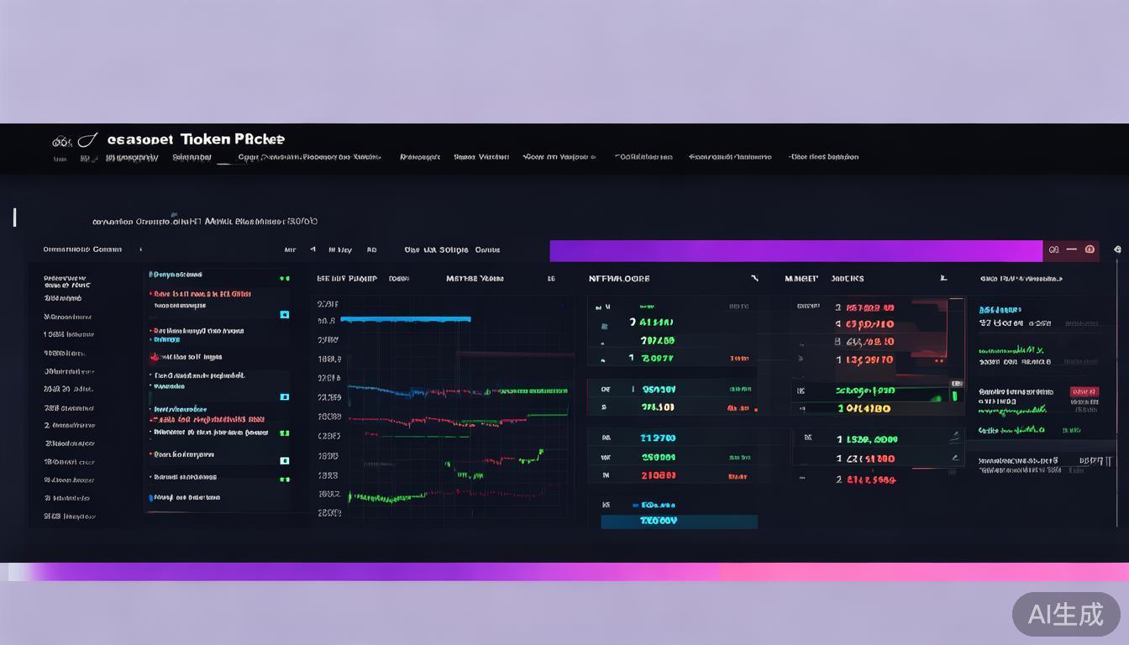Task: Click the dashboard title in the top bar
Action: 196,139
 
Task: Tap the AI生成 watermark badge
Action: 1065,614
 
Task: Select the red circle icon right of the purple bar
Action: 1090,249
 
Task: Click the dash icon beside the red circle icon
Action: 1071,249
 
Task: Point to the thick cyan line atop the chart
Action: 406,319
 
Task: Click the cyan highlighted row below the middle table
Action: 679,521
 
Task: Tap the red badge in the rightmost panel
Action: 1084,391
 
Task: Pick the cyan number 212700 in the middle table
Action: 658,438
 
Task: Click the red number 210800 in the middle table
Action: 658,475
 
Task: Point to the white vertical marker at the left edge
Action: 14,217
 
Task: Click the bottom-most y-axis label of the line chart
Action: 329,512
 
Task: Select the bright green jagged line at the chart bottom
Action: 395,496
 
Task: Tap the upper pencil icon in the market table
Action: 954,437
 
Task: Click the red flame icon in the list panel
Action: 154,357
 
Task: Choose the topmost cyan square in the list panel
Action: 284,314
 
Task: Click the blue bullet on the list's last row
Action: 151,497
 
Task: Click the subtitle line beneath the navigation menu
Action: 204,222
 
